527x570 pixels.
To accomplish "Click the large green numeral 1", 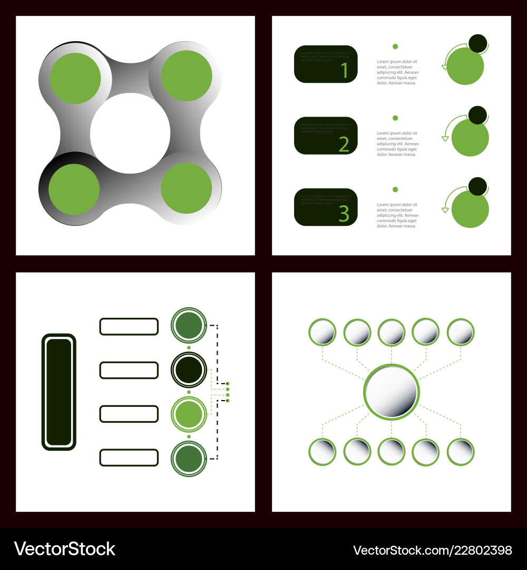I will [x=345, y=70].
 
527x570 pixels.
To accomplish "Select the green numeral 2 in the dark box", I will [x=344, y=144].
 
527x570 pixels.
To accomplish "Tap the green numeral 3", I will [x=344, y=214].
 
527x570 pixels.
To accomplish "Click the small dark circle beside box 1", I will [x=478, y=43].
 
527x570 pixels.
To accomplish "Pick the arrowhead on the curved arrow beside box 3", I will [x=445, y=210].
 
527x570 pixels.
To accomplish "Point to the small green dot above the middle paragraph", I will [x=395, y=118].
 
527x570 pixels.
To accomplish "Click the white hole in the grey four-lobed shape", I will [x=130, y=133].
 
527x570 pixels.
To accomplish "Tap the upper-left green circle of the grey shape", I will [x=75, y=78].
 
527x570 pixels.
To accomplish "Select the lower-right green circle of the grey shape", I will [x=186, y=188].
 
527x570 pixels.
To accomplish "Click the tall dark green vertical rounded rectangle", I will [x=59, y=392].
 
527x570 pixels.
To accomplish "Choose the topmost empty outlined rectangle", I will [x=129, y=327].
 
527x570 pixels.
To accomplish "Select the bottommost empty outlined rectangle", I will [x=129, y=457].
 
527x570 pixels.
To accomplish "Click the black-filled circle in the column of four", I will [x=189, y=370].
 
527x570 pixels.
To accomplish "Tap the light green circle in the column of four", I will [x=189, y=414].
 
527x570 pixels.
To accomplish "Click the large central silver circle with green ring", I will [x=391, y=392].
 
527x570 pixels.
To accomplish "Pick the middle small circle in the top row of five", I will [x=391, y=332].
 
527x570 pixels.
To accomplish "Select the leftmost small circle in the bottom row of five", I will [x=322, y=452].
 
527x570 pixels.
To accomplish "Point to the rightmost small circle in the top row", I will [x=461, y=332].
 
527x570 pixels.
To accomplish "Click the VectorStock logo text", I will [x=64, y=549].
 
